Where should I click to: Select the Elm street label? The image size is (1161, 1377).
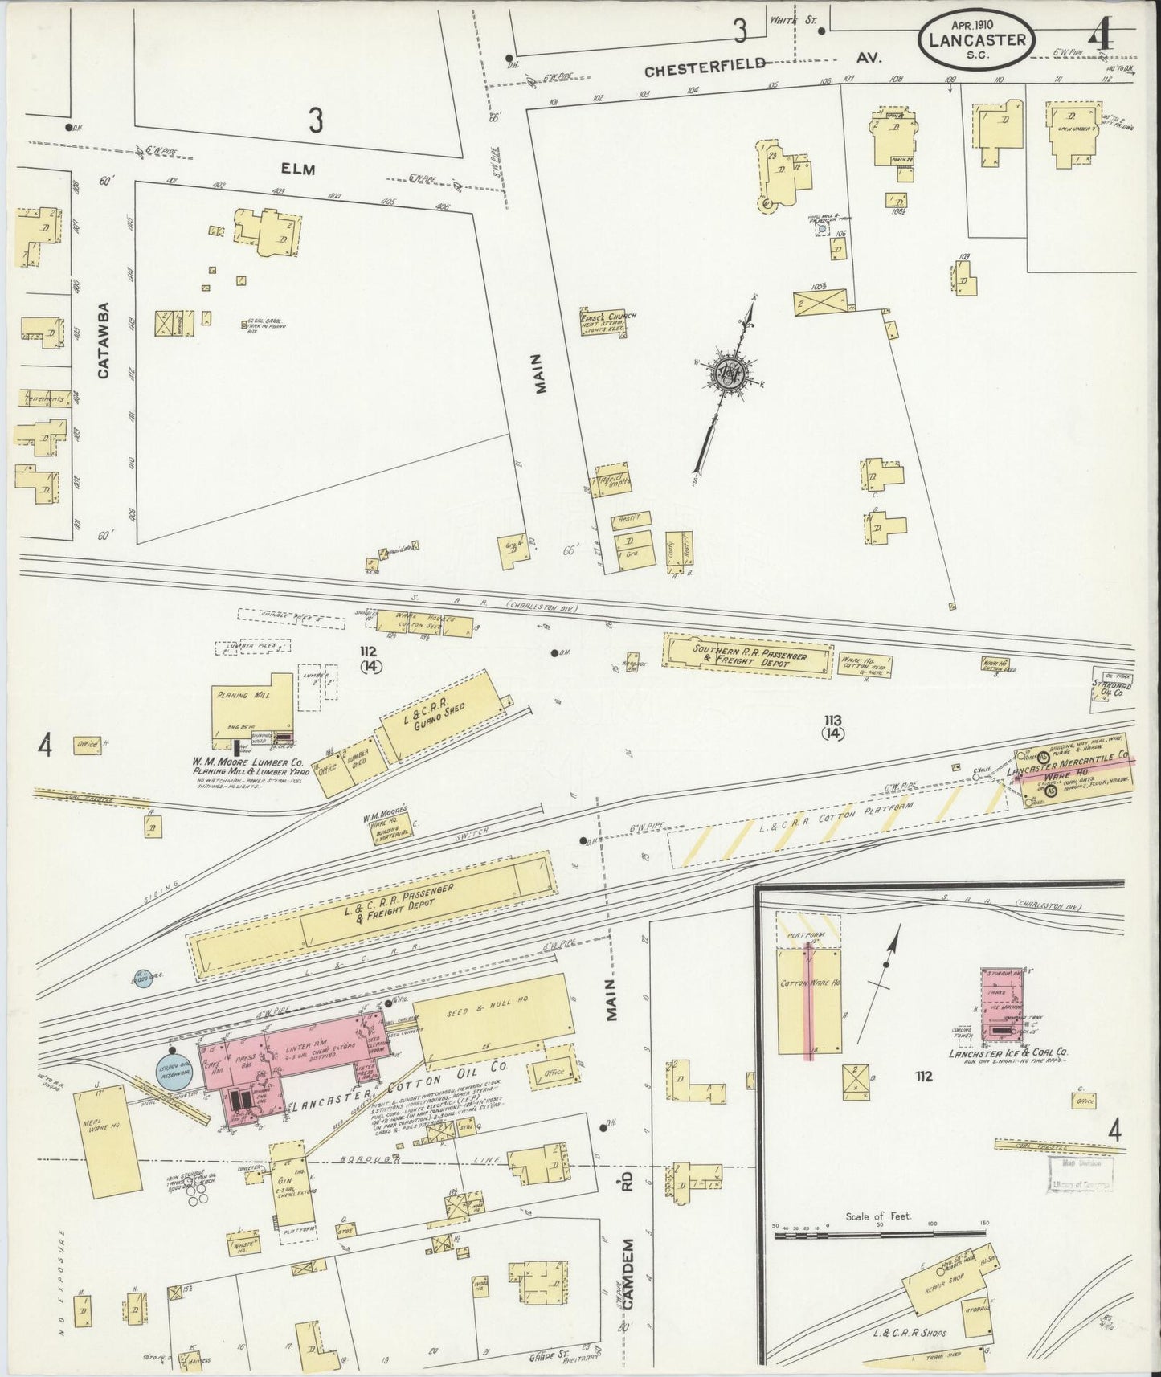(297, 170)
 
